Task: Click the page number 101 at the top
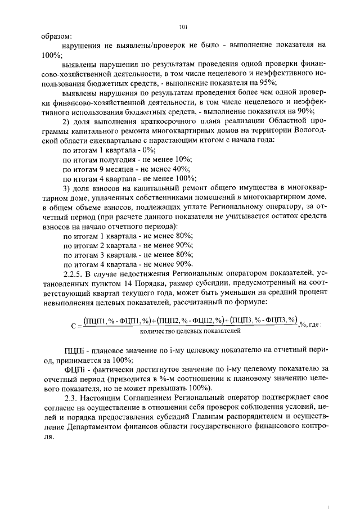tap(183, 26)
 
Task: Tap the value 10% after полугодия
tap(172, 160)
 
